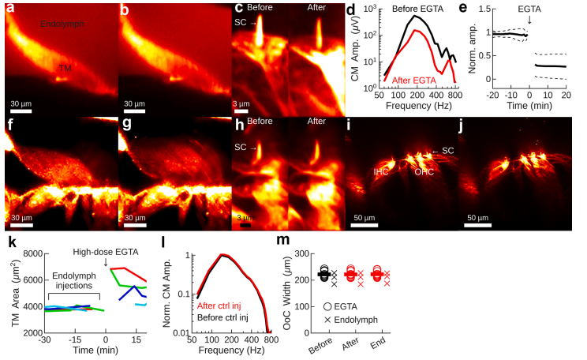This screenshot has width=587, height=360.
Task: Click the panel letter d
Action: coord(351,9)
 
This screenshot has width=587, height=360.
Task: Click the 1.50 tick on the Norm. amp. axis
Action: coord(471,12)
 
